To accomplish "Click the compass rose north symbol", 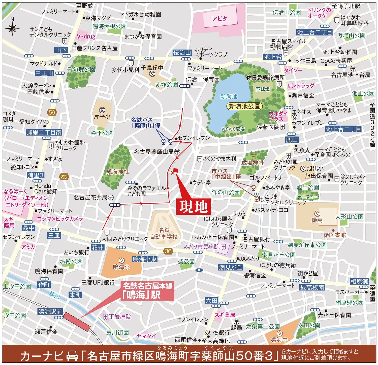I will point(12,28).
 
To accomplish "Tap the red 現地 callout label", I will point(194,207).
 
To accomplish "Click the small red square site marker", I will point(176,170).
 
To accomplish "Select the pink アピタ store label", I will point(220,19).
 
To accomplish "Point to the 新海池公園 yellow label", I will point(244,106).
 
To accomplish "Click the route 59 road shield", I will point(52,113).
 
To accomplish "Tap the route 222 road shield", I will point(64,177).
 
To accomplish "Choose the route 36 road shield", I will point(168,251).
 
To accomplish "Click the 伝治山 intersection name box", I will point(182,53).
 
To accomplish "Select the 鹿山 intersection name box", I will point(292,140).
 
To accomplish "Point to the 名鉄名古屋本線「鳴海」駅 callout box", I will point(148,291).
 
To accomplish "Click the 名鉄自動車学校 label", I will point(164,233).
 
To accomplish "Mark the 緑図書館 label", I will point(335,235).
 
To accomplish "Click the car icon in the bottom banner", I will point(72,356).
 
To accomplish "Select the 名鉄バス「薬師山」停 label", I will point(146,123).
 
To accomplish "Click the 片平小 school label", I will point(102,116).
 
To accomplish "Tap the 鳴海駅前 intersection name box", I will point(50,311).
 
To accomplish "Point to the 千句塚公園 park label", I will point(81,69).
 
